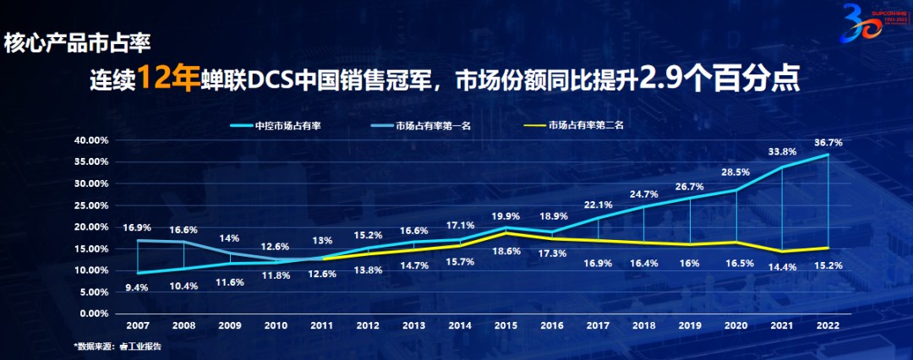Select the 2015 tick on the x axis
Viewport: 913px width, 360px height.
(506, 325)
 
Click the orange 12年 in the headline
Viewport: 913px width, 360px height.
(167, 79)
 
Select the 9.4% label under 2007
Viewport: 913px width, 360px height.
(137, 287)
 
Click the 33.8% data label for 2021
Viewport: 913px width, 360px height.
(783, 154)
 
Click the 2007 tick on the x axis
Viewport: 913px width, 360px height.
(137, 325)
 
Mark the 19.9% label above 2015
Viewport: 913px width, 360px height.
(506, 215)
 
